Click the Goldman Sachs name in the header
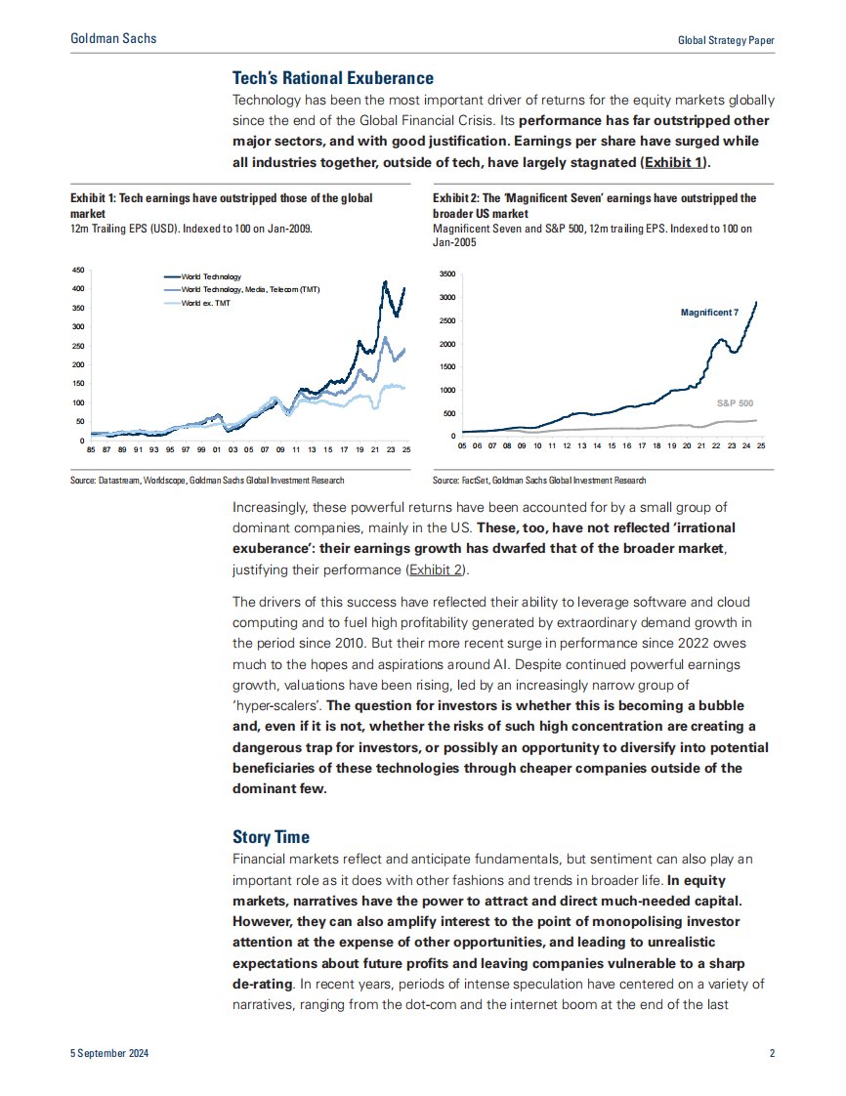[x=113, y=39]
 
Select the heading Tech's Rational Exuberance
[x=333, y=78]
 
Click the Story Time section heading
[x=271, y=837]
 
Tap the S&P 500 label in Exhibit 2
[x=734, y=402]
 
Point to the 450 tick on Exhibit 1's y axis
[x=78, y=270]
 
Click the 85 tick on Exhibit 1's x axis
[x=91, y=450]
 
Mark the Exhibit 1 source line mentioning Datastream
[x=207, y=481]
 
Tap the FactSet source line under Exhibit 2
[x=538, y=481]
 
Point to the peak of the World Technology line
[x=385, y=281]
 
